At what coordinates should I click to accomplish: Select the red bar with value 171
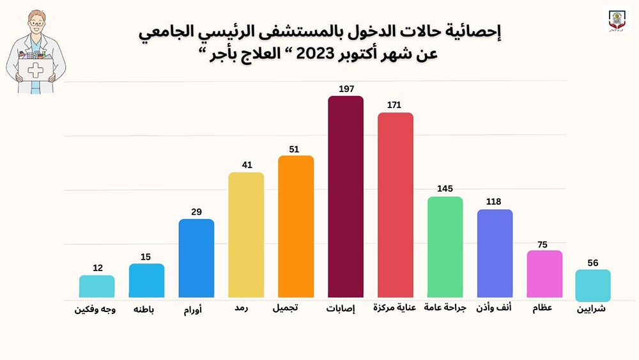(395, 205)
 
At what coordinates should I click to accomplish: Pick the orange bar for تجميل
(296, 226)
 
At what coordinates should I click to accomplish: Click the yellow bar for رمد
(246, 235)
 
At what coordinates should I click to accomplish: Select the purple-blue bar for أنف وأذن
(495, 253)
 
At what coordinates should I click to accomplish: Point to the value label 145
(445, 189)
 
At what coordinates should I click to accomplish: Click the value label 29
(196, 212)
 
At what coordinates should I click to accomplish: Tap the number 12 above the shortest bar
(97, 268)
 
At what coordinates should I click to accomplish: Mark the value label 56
(593, 262)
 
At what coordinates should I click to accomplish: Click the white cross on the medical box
(36, 70)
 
